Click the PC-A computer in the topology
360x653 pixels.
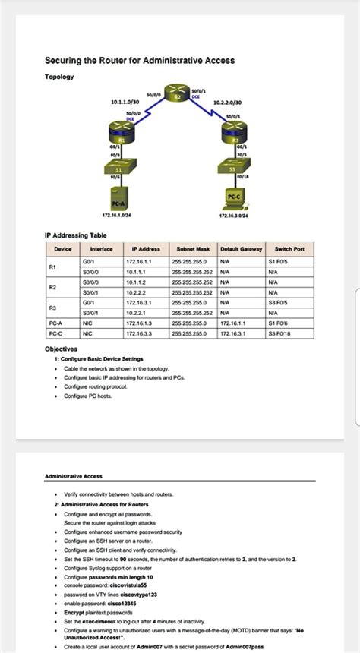(118, 197)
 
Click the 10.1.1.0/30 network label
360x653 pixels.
(125, 101)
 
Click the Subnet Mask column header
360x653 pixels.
(193, 248)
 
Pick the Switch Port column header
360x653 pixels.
(289, 248)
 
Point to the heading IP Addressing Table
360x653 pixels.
(75, 236)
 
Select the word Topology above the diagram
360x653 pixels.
(59, 77)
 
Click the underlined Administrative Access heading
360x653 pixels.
(74, 476)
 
